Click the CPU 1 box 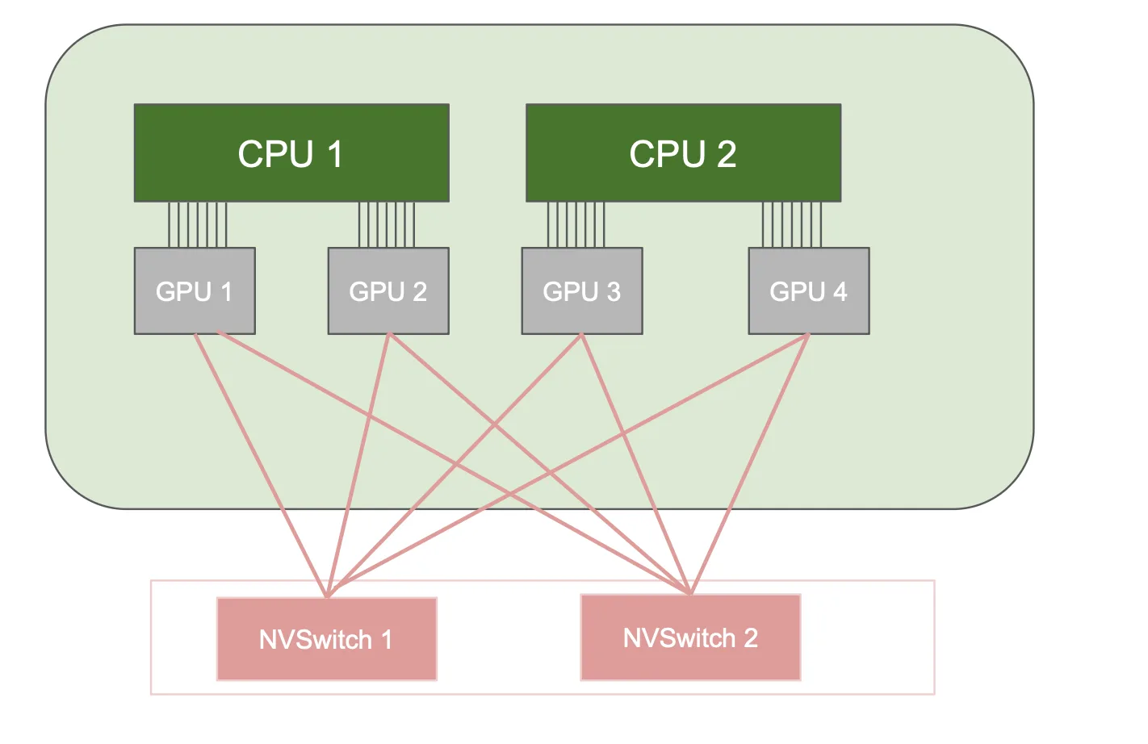(x=291, y=153)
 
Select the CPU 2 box (x=683, y=153)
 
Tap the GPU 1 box (x=195, y=290)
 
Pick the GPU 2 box (x=388, y=290)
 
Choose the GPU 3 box (x=582, y=290)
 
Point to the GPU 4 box (x=809, y=290)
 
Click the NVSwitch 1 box (x=327, y=639)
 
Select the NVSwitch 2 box (x=691, y=637)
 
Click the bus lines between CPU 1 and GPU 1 (x=198, y=224)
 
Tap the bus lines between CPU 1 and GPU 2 (x=387, y=224)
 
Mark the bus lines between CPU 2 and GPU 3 (x=576, y=224)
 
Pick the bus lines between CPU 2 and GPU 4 (x=792, y=224)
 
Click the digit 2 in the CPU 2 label (x=727, y=153)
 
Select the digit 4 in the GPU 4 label (x=840, y=291)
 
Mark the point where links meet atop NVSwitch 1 (x=327, y=596)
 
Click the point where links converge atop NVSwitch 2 (x=690, y=593)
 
